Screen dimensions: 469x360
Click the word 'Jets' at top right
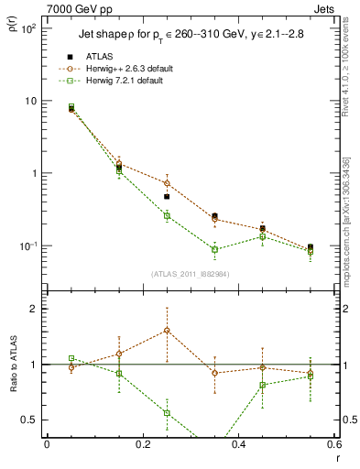pos(325,8)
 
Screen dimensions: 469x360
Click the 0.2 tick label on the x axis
pos(142,446)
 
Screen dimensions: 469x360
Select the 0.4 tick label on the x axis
pos(238,446)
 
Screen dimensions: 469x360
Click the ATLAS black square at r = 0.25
pos(167,197)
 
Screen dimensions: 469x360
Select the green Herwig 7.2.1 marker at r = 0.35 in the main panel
pos(214,249)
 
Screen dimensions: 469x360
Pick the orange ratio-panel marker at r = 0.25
pos(167,331)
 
